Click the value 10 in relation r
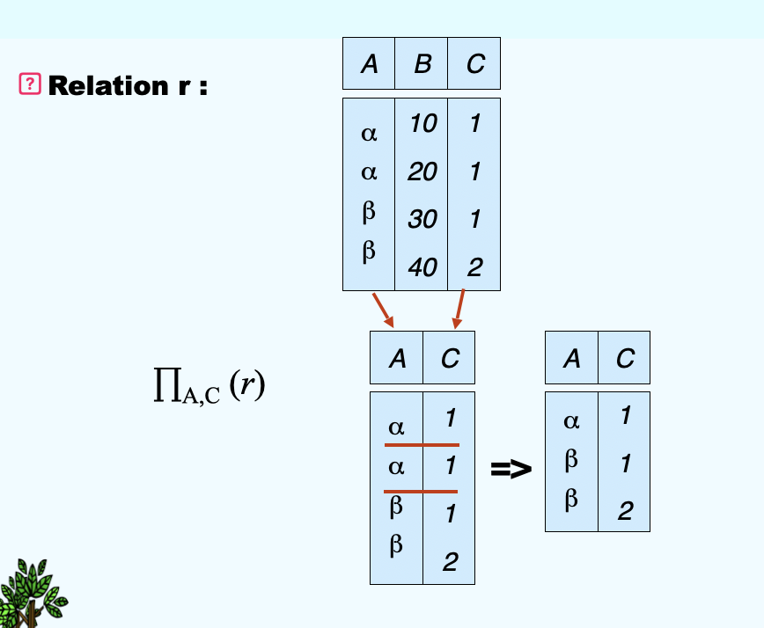coord(422,124)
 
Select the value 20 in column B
coord(422,172)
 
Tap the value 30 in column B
coord(422,218)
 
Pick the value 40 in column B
coord(422,267)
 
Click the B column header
coord(422,64)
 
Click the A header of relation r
coord(369,64)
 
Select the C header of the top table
coord(475,64)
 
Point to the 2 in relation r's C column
coord(475,267)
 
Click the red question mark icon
coord(30,84)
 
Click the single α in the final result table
coord(571,421)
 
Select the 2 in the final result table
coord(625,511)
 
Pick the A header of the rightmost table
coord(572,358)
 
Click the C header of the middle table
coord(450,358)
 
